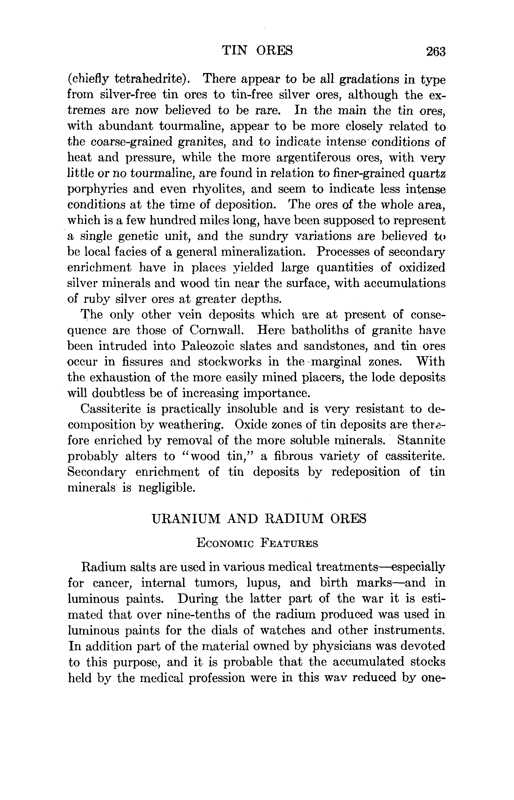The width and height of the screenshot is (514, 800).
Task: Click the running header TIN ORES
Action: [x=257, y=50]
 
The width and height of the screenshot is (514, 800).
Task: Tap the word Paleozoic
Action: [x=208, y=346]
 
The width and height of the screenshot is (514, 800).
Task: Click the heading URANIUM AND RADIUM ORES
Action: [x=259, y=518]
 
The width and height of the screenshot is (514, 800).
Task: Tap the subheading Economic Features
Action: [x=257, y=543]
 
